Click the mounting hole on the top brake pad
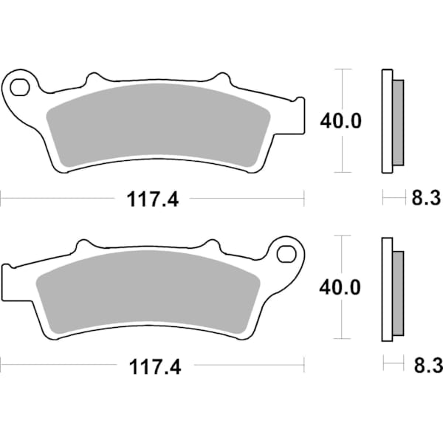(x=20, y=86)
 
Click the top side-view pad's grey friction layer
(x=397, y=121)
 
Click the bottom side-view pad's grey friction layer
(x=397, y=289)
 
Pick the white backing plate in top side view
(x=385, y=121)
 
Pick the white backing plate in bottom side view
(x=385, y=289)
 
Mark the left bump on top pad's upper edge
(x=93, y=78)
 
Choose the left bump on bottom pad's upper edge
(x=83, y=246)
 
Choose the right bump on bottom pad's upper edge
(x=211, y=246)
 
